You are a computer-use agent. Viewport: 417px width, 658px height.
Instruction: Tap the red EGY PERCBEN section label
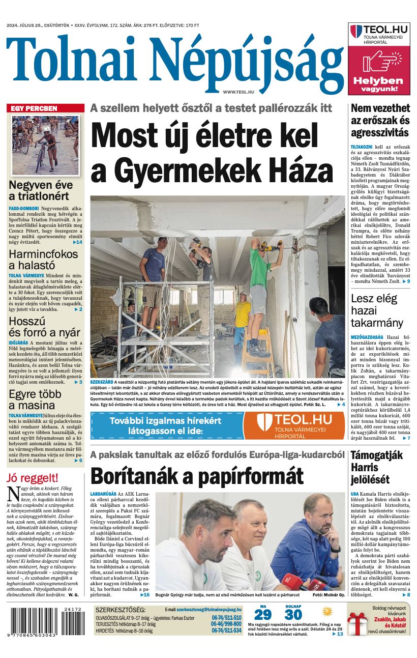click(35, 108)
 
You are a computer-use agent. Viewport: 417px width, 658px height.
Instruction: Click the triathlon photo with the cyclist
click(46, 145)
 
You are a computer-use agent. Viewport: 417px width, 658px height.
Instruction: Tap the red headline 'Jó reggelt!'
click(33, 478)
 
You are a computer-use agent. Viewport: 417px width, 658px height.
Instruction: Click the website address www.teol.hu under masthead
click(238, 92)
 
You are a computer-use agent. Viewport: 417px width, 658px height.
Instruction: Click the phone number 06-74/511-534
click(226, 630)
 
